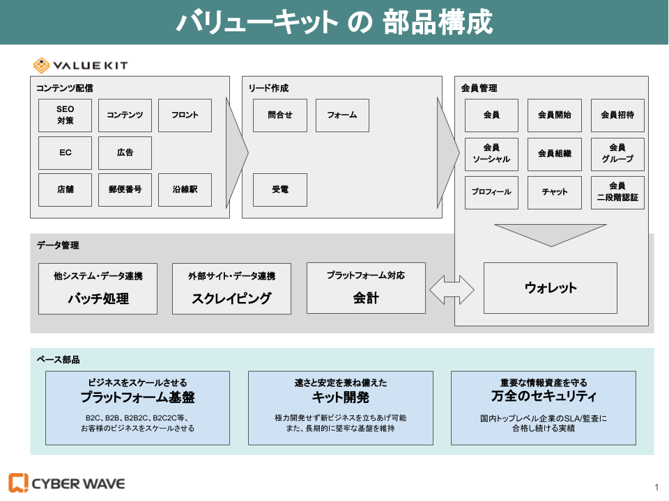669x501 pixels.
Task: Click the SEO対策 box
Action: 65,116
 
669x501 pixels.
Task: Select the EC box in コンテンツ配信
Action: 65,153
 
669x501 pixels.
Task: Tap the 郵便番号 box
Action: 125,190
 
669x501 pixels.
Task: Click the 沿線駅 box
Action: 185,190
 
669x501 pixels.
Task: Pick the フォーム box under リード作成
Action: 342,116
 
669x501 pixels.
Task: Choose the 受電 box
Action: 279,190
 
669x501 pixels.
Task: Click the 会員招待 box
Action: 617,116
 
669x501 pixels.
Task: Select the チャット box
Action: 555,193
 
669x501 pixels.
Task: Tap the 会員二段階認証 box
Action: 617,193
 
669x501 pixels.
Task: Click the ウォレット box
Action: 551,288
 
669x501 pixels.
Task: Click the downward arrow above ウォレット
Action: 551,234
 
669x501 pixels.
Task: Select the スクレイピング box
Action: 231,288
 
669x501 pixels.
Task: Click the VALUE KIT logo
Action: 81,65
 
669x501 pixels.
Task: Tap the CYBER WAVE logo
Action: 67,483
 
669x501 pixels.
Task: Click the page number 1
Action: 656,486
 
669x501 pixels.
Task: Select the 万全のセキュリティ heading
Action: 544,397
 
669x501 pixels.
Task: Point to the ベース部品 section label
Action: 58,360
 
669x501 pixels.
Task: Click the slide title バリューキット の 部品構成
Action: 334,22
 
